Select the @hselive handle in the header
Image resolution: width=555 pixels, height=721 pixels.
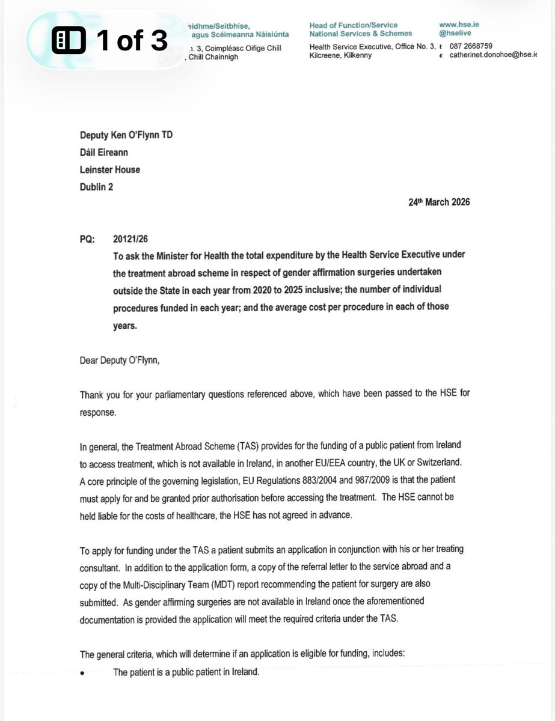coord(456,34)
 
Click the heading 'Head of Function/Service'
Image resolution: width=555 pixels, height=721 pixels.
coord(353,25)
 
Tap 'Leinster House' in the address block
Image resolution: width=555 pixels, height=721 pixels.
coord(110,169)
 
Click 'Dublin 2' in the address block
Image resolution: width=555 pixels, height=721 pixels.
coord(97,187)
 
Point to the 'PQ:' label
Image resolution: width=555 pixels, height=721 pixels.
coord(88,238)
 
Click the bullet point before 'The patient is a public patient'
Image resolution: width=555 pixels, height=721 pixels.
coord(82,672)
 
